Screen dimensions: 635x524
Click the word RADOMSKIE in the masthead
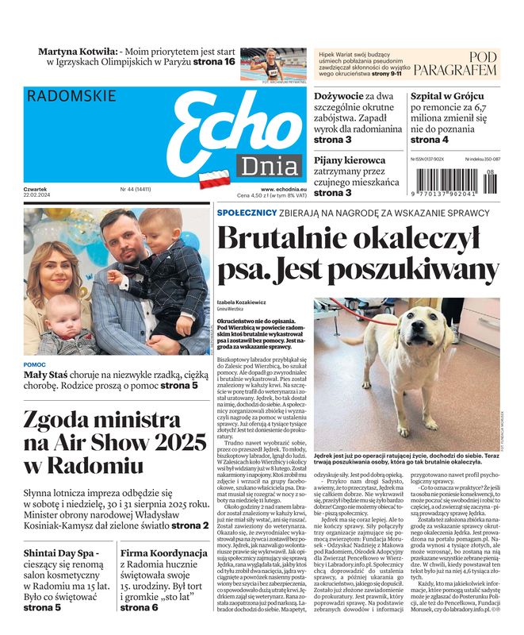[71, 96]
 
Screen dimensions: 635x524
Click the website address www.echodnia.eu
[284, 189]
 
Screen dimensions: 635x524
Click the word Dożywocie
[338, 95]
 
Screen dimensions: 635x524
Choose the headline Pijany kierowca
[350, 160]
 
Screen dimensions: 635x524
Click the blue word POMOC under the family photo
[35, 364]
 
